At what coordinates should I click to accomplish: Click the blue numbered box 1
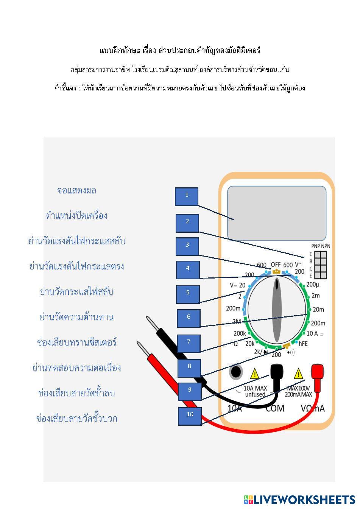[x=186, y=196]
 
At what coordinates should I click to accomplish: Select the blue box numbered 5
[x=188, y=294]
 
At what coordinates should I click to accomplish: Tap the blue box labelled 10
[x=190, y=416]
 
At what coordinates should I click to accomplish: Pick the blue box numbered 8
[x=189, y=368]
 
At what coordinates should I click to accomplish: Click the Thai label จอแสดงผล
[x=77, y=190]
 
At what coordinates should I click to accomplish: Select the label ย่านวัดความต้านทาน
[x=77, y=317]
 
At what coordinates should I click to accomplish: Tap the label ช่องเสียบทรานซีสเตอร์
[x=77, y=342]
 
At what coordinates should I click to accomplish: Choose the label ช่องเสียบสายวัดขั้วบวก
[x=77, y=419]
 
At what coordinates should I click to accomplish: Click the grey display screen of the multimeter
[x=276, y=213]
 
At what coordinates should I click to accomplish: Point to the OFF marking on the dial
[x=276, y=265]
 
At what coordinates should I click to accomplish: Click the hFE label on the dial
[x=303, y=344]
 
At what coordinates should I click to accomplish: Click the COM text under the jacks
[x=275, y=408]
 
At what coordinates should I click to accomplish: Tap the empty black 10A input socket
[x=236, y=372]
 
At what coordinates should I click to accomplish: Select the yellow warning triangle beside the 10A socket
[x=255, y=374]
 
